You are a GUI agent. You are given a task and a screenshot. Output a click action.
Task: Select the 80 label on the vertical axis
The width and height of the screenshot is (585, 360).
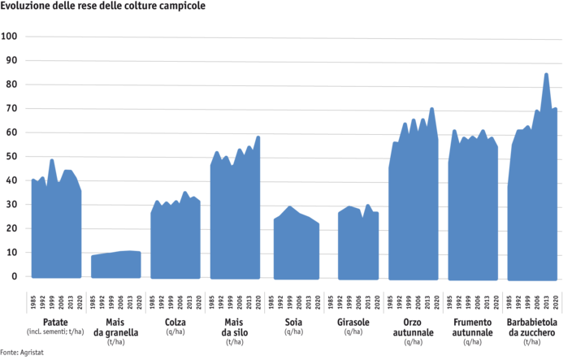(11, 85)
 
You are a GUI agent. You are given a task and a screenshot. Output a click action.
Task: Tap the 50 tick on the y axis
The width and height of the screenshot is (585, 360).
(11, 156)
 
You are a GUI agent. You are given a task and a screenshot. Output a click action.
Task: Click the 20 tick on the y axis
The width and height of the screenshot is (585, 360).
(11, 228)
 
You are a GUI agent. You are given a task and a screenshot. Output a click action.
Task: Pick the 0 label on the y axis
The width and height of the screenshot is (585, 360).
(14, 276)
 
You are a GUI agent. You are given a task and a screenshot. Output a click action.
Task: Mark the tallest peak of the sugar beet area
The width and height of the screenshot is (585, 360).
(546, 74)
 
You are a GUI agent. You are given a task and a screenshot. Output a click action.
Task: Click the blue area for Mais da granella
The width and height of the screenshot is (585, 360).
(115, 266)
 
